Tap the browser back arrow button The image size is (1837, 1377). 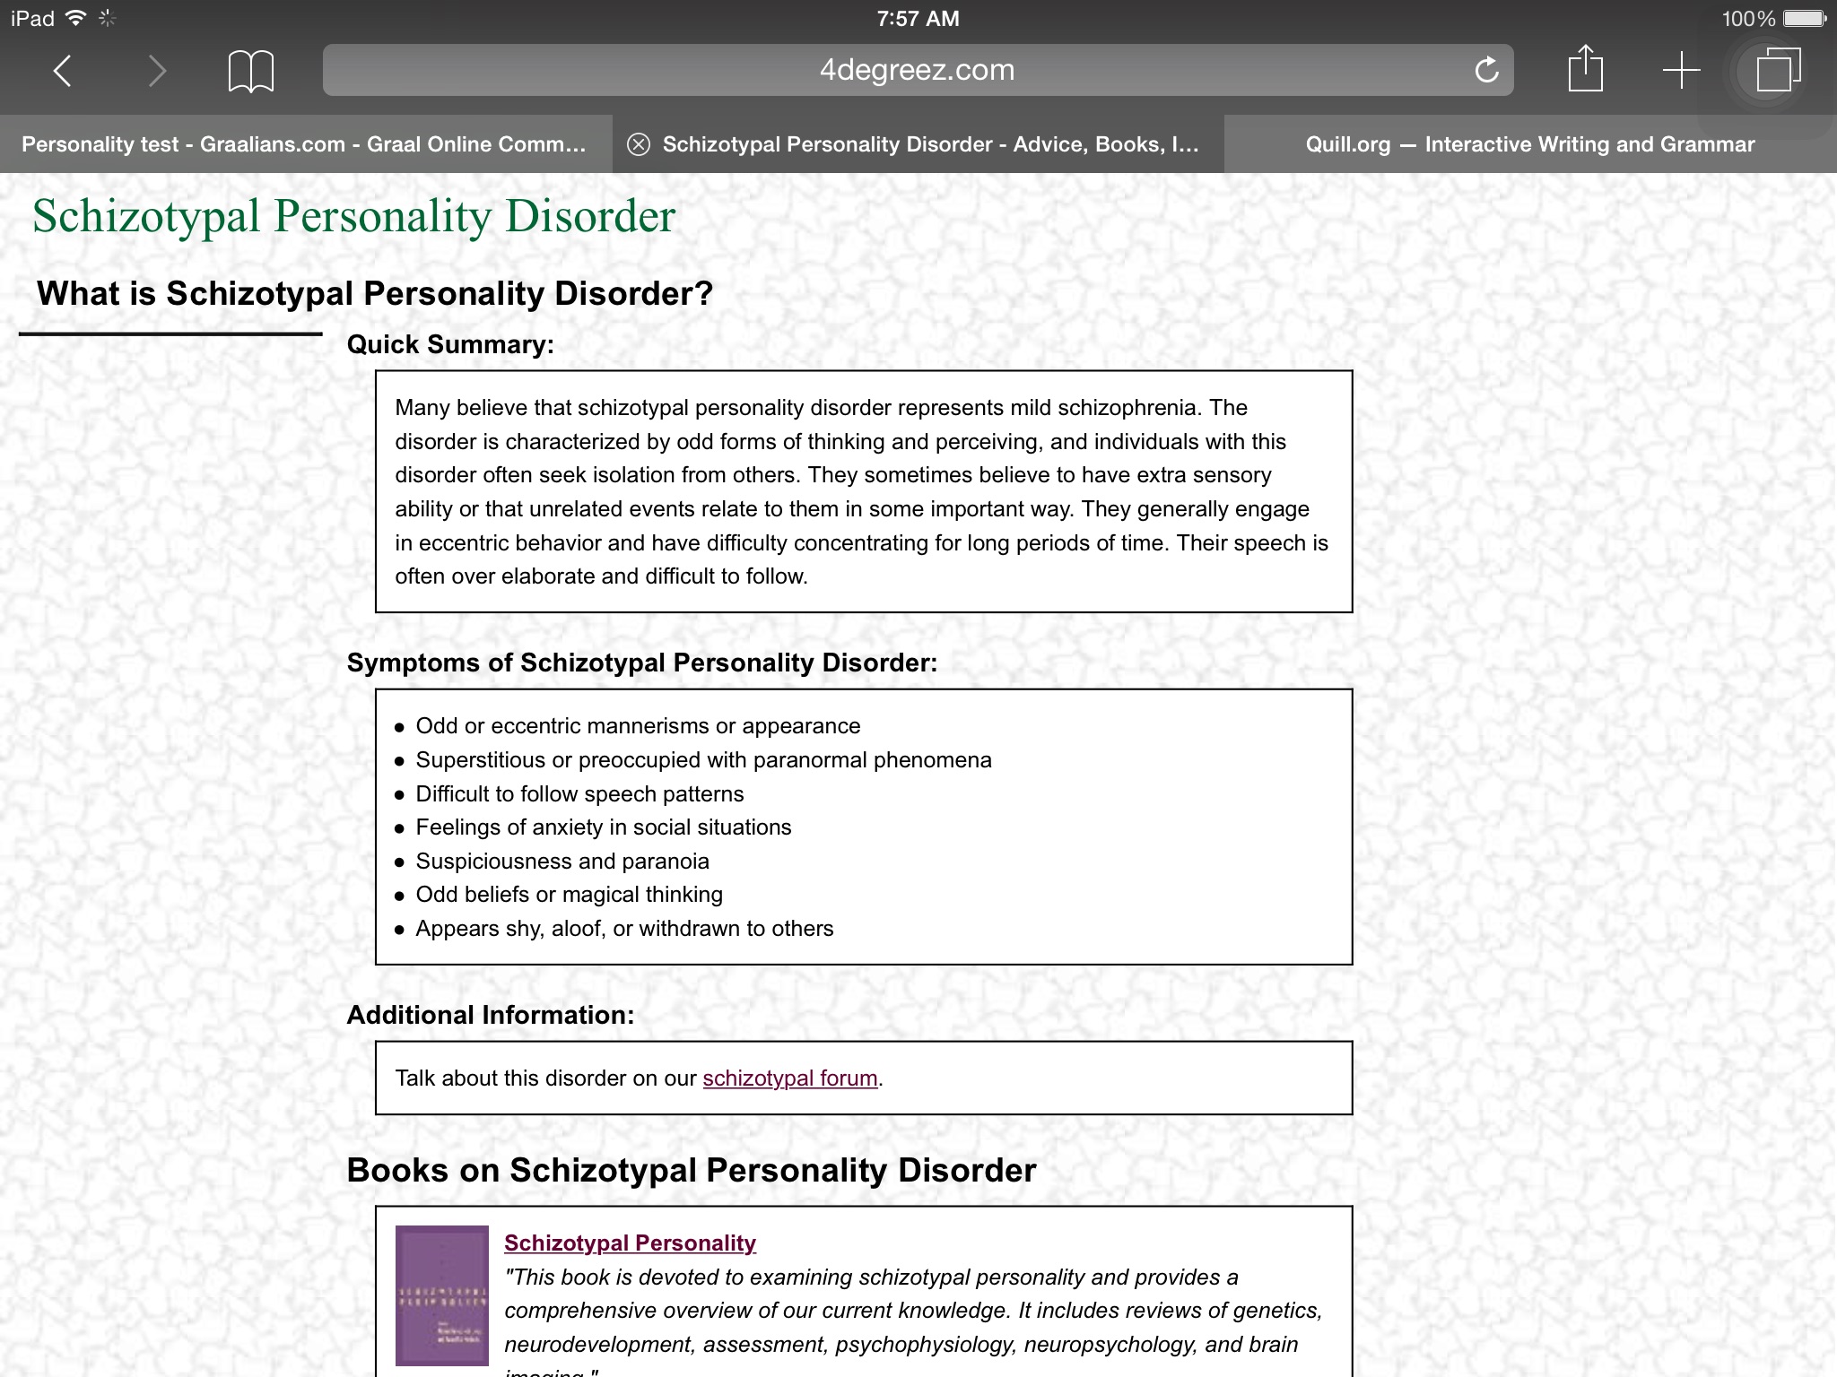pyautogui.click(x=62, y=70)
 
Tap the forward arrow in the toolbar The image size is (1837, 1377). pyautogui.click(x=157, y=70)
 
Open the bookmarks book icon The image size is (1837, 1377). pyautogui.click(x=251, y=71)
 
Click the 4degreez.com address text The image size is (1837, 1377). pyautogui.click(x=917, y=70)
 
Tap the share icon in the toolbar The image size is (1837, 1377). pyautogui.click(x=1585, y=69)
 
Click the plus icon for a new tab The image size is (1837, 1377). pyautogui.click(x=1681, y=70)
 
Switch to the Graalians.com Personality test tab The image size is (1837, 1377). pyautogui.click(x=304, y=144)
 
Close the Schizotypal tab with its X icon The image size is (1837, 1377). pyautogui.click(x=638, y=144)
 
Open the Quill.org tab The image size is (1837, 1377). pyautogui.click(x=1529, y=144)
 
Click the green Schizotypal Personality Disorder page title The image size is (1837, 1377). pyautogui.click(x=353, y=216)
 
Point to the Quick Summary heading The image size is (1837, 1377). pyautogui.click(x=450, y=344)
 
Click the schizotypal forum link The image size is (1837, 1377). pyautogui.click(x=789, y=1078)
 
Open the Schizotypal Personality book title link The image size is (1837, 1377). pyautogui.click(x=630, y=1243)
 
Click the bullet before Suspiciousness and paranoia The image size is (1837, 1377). pyautogui.click(x=400, y=862)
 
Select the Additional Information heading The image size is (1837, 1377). pyautogui.click(x=490, y=1015)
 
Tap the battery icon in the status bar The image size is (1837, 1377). pyautogui.click(x=1804, y=18)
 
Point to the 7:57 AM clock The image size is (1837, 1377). pyautogui.click(x=918, y=18)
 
